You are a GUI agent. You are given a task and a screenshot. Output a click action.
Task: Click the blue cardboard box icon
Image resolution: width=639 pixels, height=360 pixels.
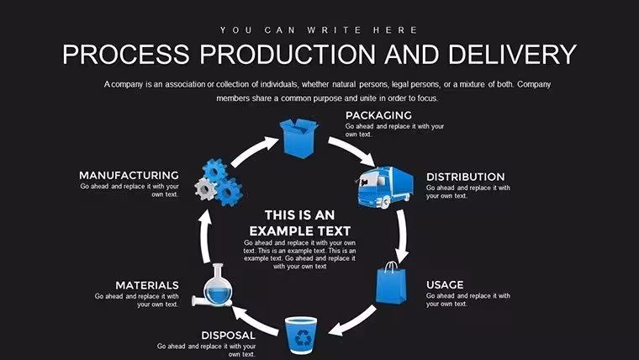point(298,138)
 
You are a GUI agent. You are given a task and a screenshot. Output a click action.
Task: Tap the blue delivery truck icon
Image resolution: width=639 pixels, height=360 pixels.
point(385,187)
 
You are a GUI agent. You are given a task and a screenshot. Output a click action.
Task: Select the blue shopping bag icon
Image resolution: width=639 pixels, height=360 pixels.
point(391,283)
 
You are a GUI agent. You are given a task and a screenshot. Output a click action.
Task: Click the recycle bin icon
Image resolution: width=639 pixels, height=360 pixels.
point(301,336)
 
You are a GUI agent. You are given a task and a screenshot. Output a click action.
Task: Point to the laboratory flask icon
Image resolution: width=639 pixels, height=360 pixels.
point(213,285)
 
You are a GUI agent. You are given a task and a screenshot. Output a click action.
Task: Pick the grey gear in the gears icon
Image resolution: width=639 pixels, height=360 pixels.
point(205,188)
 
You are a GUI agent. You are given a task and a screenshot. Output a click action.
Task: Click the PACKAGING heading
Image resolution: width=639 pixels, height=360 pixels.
point(378,115)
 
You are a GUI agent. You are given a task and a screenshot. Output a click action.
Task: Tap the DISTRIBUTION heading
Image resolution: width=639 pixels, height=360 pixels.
point(466,177)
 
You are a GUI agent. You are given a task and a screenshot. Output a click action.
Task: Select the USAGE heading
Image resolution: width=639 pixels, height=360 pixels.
point(445,284)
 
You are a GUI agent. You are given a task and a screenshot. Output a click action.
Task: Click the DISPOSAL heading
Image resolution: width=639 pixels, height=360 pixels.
point(228,335)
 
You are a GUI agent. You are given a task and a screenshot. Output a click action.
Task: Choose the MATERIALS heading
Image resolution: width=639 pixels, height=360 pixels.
point(147,285)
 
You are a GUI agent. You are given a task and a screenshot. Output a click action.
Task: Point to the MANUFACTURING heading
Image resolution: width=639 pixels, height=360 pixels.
point(129,175)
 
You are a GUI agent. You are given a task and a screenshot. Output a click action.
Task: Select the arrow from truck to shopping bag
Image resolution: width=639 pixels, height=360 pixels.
point(402,236)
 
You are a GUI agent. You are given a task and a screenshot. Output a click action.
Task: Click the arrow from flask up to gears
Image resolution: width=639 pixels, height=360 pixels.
point(205,236)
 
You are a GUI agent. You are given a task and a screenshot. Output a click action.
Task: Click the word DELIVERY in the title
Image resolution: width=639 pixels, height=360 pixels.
point(513,54)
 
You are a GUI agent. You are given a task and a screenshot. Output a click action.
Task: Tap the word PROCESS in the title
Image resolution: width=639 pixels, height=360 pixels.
point(126,54)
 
